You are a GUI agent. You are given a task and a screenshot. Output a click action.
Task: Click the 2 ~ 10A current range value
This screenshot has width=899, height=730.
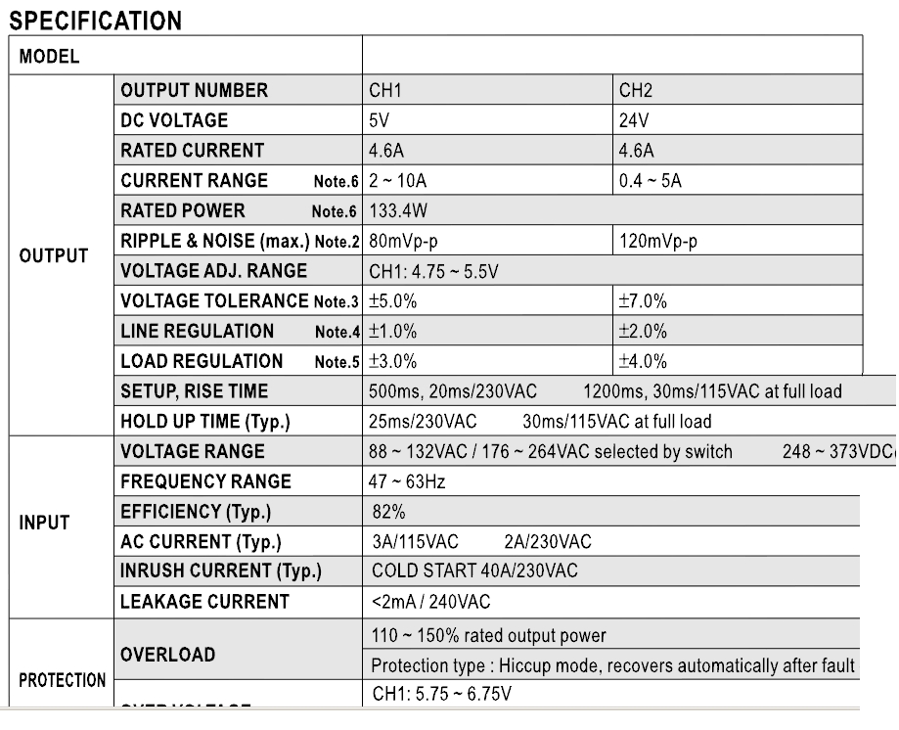click(x=399, y=181)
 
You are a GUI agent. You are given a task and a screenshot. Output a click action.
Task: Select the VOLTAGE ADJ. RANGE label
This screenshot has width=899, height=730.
click(x=213, y=271)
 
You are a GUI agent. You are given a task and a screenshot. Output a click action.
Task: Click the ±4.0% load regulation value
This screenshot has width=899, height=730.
click(x=642, y=362)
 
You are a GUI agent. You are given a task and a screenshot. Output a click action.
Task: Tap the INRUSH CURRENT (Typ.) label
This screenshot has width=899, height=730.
click(x=221, y=571)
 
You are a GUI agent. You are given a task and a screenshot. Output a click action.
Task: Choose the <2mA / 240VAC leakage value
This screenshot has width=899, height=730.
click(x=432, y=602)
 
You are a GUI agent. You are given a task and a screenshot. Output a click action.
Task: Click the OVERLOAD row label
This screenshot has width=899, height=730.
click(x=167, y=654)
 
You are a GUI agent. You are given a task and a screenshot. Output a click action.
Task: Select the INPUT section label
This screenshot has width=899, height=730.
click(x=44, y=523)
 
